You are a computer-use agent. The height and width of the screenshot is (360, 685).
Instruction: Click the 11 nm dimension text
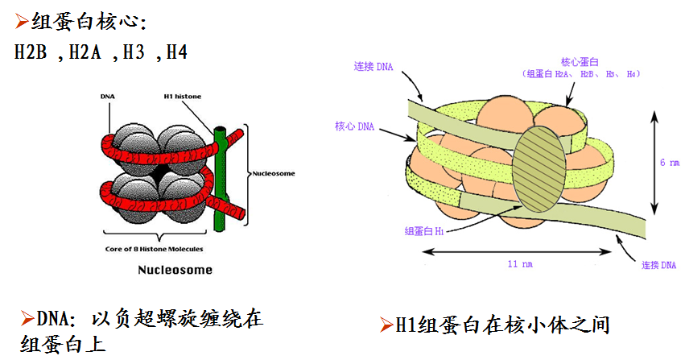[521, 263]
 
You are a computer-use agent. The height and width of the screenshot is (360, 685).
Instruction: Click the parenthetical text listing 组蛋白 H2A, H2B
[581, 74]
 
